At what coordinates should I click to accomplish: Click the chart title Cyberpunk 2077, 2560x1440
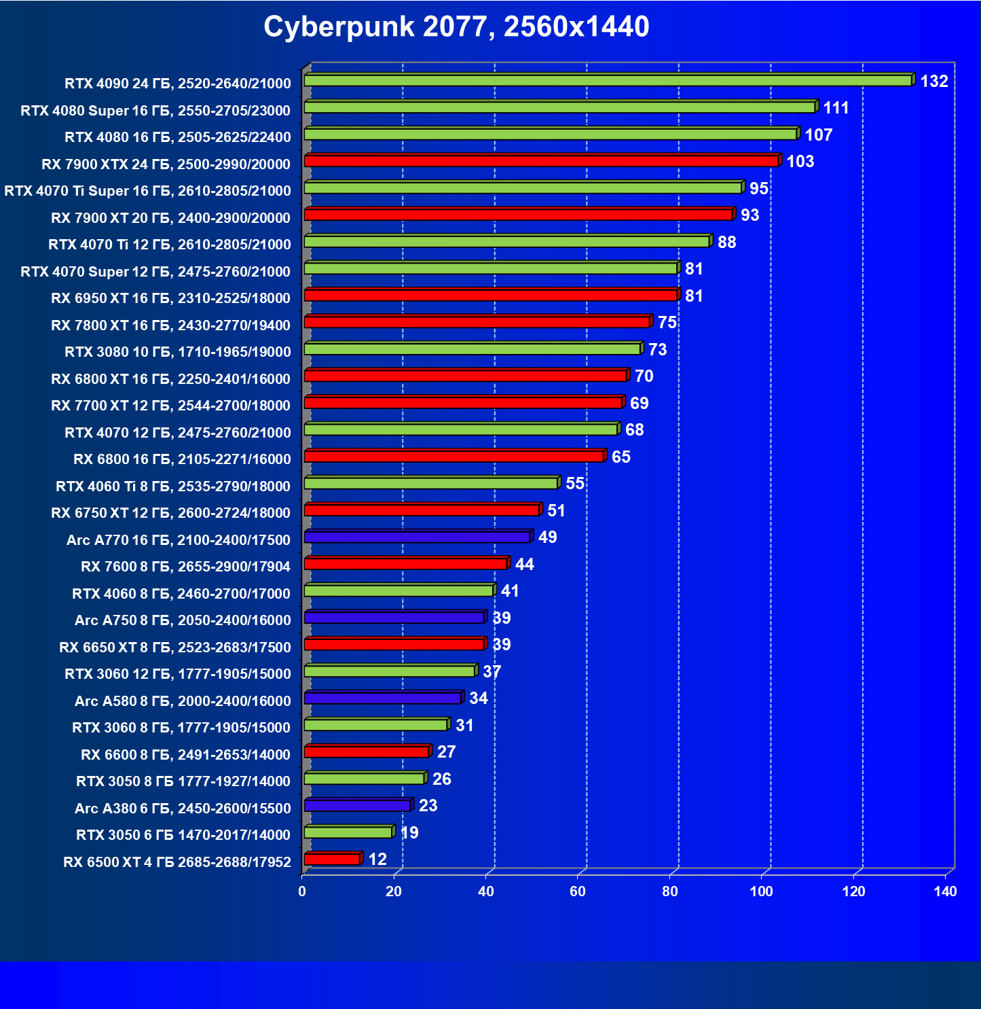(456, 27)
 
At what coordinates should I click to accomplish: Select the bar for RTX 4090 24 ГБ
(608, 80)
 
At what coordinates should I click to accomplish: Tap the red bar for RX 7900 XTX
(541, 161)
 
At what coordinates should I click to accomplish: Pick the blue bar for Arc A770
(417, 537)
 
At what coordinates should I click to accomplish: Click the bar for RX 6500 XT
(332, 859)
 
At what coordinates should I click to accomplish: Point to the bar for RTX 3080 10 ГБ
(473, 349)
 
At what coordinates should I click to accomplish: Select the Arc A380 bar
(357, 805)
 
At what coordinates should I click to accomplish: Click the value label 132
(933, 82)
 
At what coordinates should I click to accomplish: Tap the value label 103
(800, 162)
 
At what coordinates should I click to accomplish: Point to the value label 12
(377, 860)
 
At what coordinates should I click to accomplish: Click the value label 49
(547, 537)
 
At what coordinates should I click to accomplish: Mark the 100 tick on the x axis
(761, 891)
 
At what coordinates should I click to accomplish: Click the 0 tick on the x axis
(302, 891)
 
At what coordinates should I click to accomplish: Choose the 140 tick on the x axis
(945, 891)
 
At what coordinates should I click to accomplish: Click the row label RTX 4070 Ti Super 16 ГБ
(147, 191)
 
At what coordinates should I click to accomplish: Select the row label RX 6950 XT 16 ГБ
(170, 298)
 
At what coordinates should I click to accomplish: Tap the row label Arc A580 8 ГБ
(183, 701)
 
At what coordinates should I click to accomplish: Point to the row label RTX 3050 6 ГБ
(183, 835)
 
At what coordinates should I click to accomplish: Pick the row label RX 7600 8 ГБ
(185, 567)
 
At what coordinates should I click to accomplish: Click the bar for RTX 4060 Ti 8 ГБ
(431, 483)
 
